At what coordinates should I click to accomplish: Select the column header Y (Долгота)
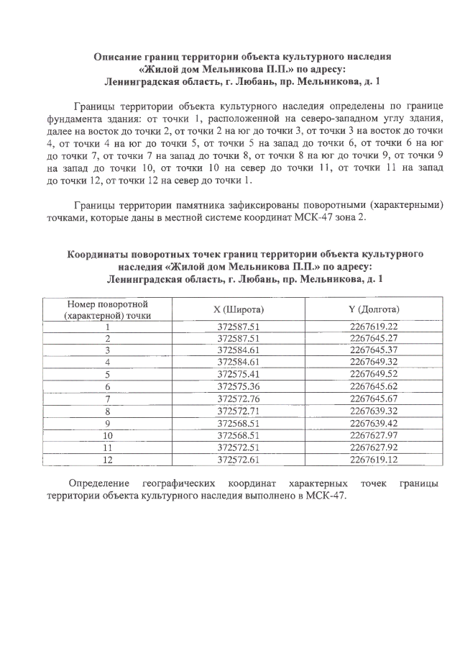tap(374, 309)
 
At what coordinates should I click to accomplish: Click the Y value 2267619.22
tap(374, 327)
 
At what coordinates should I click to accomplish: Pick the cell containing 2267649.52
tap(374, 374)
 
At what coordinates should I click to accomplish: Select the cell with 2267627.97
tap(374, 435)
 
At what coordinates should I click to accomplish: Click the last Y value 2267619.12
tap(374, 459)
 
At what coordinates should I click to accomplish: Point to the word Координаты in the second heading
tap(101, 254)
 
